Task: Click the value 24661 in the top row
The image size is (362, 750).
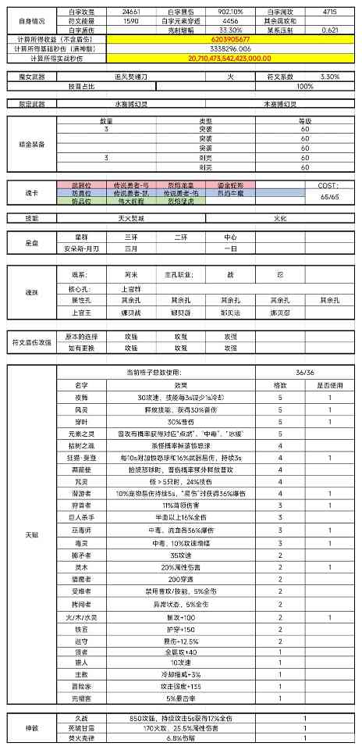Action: (x=131, y=13)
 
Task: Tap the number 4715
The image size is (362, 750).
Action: (x=331, y=13)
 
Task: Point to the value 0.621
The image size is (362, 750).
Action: (x=331, y=30)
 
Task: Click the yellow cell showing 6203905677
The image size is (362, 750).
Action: (x=230, y=38)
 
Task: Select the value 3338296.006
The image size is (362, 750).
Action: (x=230, y=48)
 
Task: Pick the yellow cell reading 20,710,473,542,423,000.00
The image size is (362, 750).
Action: (x=230, y=58)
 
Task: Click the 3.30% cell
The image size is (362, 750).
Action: (x=331, y=77)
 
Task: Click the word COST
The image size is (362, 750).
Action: (x=328, y=184)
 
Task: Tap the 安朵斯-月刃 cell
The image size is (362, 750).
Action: (x=82, y=248)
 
